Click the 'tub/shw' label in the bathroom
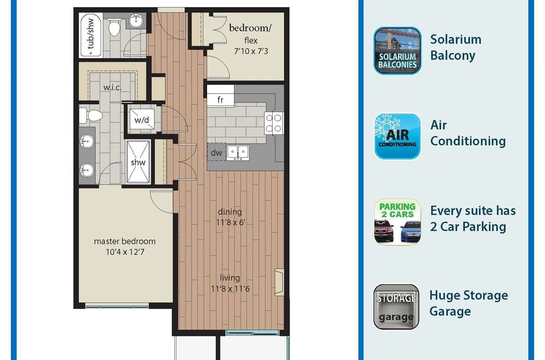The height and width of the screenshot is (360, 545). pyautogui.click(x=90, y=34)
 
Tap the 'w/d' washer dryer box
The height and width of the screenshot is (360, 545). pyautogui.click(x=142, y=119)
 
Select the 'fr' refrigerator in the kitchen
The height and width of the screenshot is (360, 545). pyautogui.click(x=221, y=100)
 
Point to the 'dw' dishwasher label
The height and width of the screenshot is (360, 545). pyautogui.click(x=216, y=152)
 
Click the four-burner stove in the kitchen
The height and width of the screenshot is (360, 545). pyautogui.click(x=273, y=123)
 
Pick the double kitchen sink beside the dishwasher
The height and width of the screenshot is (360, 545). pyautogui.click(x=238, y=152)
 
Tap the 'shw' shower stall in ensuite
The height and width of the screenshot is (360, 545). pyautogui.click(x=138, y=162)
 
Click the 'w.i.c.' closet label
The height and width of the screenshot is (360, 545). pyautogui.click(x=112, y=87)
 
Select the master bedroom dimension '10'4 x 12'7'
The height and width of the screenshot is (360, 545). pyautogui.click(x=125, y=252)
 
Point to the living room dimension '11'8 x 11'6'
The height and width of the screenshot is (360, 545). pyautogui.click(x=230, y=288)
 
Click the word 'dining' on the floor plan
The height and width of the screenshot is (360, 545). pyautogui.click(x=230, y=211)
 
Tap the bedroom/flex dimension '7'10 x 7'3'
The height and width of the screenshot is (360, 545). pyautogui.click(x=251, y=51)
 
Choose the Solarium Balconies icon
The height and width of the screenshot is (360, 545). pyautogui.click(x=397, y=51)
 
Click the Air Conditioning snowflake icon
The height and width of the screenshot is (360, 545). pyautogui.click(x=397, y=136)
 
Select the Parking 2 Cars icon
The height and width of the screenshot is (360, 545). pyautogui.click(x=397, y=222)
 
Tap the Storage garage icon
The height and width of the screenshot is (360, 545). pyautogui.click(x=397, y=307)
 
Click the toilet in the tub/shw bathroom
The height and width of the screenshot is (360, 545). pyautogui.click(x=115, y=27)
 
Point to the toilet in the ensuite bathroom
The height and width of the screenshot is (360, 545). pyautogui.click(x=91, y=115)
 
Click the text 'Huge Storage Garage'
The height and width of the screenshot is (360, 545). pyautogui.click(x=469, y=303)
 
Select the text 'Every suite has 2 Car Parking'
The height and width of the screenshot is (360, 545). pyautogui.click(x=473, y=218)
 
